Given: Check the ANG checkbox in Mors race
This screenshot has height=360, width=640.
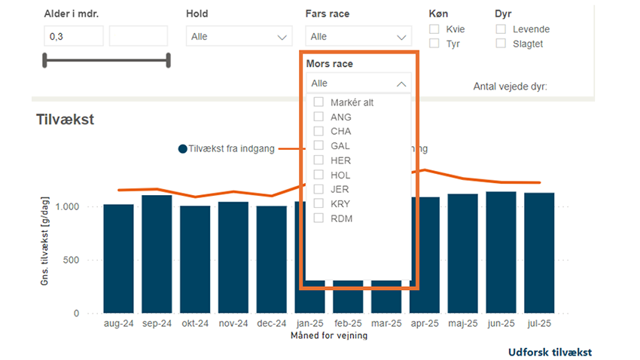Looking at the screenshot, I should (x=318, y=117).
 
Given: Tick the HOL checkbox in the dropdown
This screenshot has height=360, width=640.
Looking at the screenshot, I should (x=318, y=175).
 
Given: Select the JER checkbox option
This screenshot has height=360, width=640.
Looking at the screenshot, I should (x=318, y=189).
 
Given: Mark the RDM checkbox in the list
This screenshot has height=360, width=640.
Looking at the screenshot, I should (x=318, y=218).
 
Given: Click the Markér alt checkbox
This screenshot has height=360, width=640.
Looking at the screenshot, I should (x=318, y=102).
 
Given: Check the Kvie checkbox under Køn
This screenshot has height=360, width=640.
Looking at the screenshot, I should (x=434, y=29).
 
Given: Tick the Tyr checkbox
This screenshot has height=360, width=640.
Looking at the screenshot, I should (x=434, y=44).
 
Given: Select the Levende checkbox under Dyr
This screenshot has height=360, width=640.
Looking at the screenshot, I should (x=501, y=29).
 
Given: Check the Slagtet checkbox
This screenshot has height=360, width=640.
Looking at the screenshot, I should (x=501, y=44).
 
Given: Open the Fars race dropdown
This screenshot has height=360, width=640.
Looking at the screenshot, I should (x=358, y=36).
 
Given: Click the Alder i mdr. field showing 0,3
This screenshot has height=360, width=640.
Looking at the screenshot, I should (x=73, y=36).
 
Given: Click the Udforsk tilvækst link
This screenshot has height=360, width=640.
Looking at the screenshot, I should (x=549, y=352).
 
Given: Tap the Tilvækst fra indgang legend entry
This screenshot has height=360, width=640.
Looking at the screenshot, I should (x=227, y=149).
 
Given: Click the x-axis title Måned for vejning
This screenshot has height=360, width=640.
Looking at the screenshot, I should (x=328, y=336).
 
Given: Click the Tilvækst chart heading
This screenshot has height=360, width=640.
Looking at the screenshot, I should (x=65, y=119).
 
